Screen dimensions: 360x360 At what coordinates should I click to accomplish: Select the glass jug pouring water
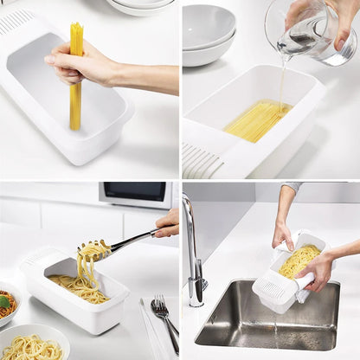click(315, 31)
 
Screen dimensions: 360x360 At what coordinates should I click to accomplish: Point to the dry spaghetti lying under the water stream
click(257, 121)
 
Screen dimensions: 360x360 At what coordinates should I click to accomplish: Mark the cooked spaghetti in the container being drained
click(299, 259)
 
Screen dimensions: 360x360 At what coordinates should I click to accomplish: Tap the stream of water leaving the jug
click(280, 82)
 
